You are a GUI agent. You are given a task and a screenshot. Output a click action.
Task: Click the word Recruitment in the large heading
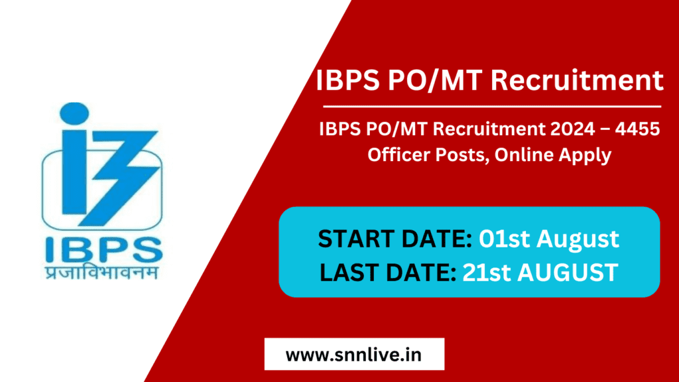point(577,80)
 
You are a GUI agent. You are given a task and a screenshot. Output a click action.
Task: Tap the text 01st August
point(548,239)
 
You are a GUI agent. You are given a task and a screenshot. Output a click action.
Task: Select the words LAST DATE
point(387,273)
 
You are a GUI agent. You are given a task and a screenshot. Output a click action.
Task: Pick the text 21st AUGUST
point(540,273)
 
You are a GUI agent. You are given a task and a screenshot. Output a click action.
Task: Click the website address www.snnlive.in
point(353,355)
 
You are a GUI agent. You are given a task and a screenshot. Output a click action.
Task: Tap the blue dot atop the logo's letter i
point(74,113)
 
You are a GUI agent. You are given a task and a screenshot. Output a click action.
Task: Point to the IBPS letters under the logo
point(103,250)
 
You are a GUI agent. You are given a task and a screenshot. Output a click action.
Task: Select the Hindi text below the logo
point(101,272)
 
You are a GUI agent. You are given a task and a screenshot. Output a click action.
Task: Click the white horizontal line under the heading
point(492,106)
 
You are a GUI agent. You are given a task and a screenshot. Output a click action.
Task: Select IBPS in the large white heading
point(347,80)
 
